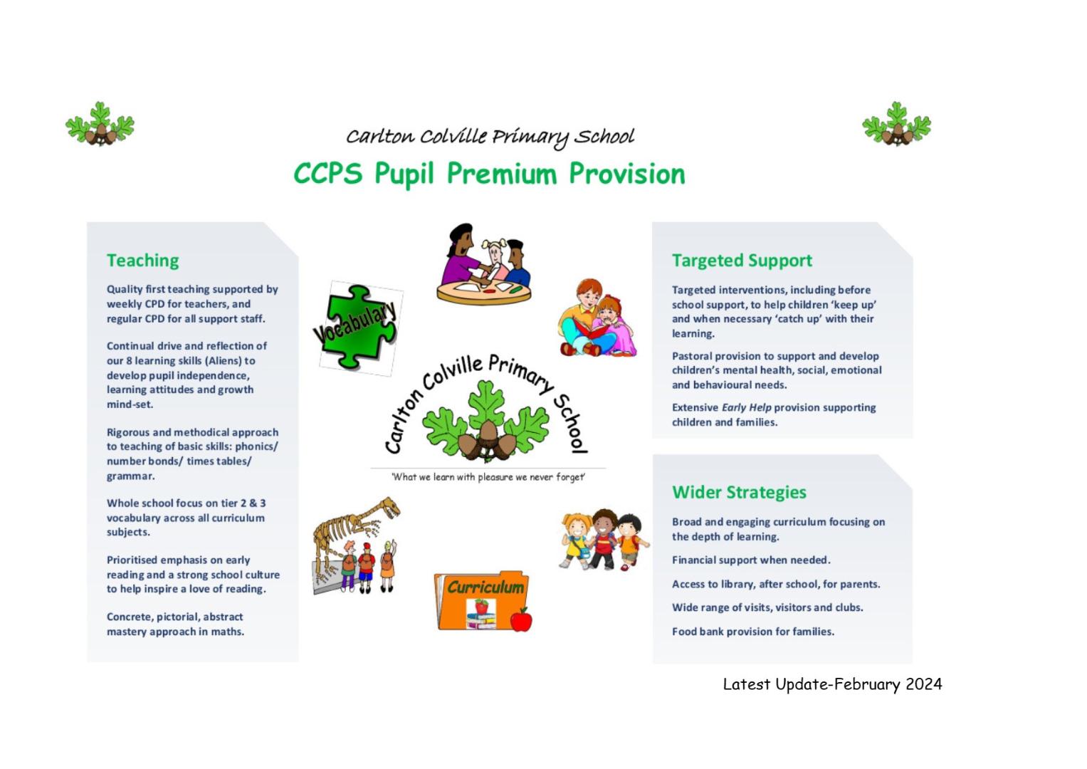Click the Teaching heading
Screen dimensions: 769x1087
click(x=142, y=261)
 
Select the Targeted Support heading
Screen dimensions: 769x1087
click(x=742, y=261)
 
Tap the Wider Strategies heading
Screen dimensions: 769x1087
click(x=739, y=492)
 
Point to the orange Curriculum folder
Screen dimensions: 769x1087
click(x=479, y=600)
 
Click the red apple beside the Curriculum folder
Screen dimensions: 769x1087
click(x=522, y=620)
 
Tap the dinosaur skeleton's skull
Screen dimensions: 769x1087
click(x=390, y=506)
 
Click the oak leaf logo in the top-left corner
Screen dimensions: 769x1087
click(x=100, y=125)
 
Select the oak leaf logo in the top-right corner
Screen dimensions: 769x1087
click(x=896, y=125)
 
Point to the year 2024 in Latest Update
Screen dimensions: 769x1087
click(x=923, y=684)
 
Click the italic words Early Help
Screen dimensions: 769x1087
click(x=746, y=407)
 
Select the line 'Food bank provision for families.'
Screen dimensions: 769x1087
click(x=753, y=632)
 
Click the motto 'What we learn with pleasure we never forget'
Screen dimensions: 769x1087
click(x=488, y=477)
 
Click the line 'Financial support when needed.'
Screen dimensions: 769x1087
click(x=751, y=560)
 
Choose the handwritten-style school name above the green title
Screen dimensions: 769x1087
click(x=490, y=137)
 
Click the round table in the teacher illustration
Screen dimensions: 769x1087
click(x=484, y=292)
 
